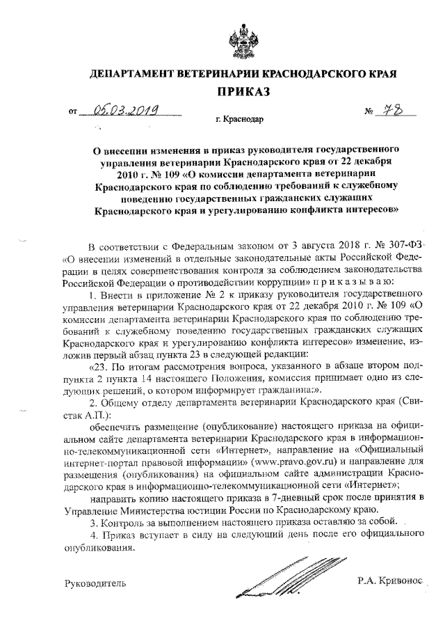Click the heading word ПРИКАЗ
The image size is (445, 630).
243,91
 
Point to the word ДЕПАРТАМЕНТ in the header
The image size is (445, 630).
132,73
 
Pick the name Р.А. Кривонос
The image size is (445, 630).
386,579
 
